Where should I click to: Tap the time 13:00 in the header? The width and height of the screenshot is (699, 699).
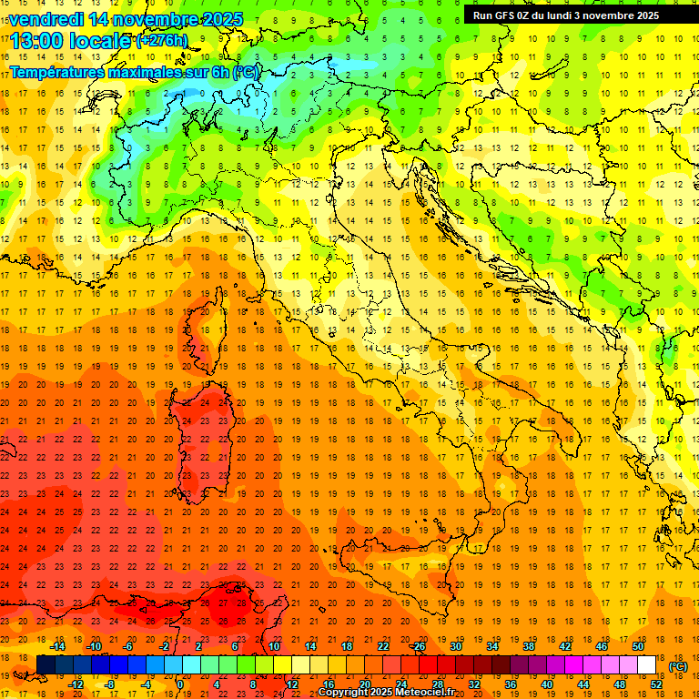(x=41, y=40)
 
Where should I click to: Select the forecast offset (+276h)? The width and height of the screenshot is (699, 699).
(x=162, y=40)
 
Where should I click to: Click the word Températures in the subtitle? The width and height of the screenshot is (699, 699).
(x=57, y=72)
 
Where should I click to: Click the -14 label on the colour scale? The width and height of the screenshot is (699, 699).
(x=58, y=646)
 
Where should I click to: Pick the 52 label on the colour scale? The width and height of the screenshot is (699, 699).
(x=656, y=684)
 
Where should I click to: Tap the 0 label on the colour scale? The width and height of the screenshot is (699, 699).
(x=180, y=684)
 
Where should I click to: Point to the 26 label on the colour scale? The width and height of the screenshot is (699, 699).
(x=420, y=646)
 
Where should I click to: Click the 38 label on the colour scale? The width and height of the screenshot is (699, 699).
(x=528, y=646)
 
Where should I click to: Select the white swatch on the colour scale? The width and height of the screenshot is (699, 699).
(x=646, y=664)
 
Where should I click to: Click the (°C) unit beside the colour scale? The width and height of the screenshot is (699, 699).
(x=677, y=665)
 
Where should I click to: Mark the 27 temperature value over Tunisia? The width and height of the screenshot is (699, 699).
(x=224, y=603)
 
